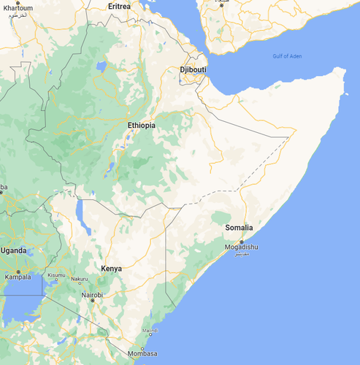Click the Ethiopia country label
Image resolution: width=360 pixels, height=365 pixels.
142,126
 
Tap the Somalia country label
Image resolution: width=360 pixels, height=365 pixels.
239,228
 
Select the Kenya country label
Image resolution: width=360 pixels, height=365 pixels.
111,269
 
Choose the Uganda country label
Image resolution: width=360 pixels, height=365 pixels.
12,250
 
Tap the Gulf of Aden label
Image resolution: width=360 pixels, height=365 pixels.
287,57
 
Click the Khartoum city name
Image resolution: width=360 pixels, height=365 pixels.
18,7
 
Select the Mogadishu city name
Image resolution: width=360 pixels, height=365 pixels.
241,247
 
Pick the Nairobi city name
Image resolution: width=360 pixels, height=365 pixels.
92,294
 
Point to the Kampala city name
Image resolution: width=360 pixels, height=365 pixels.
18,277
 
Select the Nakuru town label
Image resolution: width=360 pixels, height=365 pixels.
79,279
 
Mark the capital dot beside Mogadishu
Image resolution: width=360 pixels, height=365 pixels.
242,241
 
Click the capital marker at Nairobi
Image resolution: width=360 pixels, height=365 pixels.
92,300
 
